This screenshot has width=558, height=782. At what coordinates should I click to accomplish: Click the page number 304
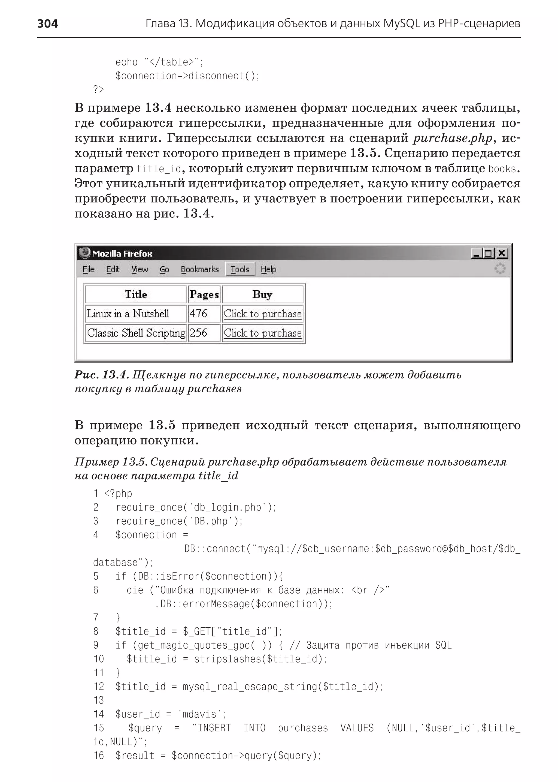coord(47,24)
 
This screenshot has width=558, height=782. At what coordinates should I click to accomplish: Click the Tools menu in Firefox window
coord(240,269)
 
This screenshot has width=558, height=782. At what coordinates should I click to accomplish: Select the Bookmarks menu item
coord(200,269)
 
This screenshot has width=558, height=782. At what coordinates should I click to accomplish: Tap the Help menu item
coord(268,269)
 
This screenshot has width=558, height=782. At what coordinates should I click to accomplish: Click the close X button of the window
coord(502,254)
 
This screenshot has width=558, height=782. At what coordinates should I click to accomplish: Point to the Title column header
coord(136,294)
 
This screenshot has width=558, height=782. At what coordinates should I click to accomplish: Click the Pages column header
coord(204,295)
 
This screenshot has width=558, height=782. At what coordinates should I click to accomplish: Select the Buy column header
coord(262,294)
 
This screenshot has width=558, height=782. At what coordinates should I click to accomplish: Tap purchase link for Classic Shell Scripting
coord(262,333)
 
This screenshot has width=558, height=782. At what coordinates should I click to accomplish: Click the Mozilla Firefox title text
coord(122,254)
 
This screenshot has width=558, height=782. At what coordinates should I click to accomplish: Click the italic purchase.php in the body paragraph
coord(453,138)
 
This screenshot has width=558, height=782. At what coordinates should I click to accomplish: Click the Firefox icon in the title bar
coord(84,253)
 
